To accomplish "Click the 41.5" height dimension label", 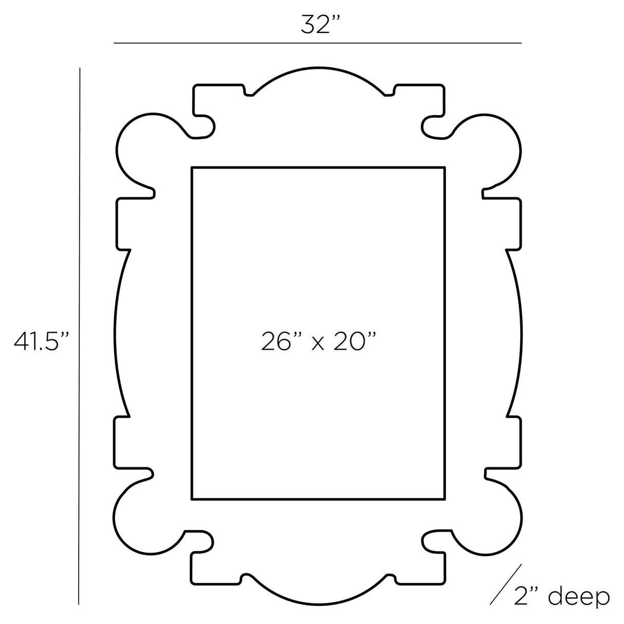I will [x=42, y=341].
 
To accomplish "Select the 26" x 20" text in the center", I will [x=319, y=341].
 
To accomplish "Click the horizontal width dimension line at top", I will [x=317, y=43].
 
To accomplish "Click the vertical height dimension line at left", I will [x=80, y=334].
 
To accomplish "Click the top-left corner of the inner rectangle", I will [x=192, y=168].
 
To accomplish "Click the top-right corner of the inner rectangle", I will [x=445, y=168].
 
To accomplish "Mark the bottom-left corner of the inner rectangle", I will [x=192, y=499].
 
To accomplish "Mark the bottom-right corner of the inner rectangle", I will [x=445, y=499].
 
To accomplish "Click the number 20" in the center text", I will [x=355, y=341].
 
